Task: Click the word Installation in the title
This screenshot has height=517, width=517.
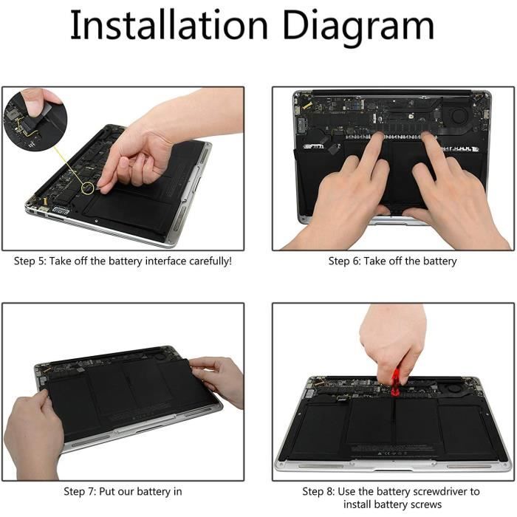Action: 169,25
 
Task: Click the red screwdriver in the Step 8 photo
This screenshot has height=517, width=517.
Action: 395,382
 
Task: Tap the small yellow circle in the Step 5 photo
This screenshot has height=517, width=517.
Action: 88,188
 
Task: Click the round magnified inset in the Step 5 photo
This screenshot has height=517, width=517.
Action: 35,120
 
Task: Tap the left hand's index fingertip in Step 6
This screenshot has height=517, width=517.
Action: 378,135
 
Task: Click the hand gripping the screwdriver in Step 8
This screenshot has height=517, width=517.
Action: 393,343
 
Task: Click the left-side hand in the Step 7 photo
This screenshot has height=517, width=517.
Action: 33,435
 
